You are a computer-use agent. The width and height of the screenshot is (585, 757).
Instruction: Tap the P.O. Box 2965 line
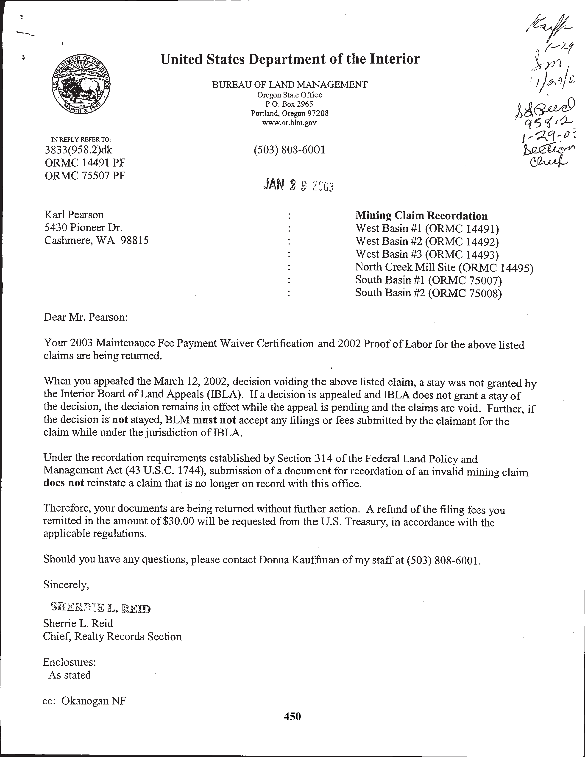click(289, 104)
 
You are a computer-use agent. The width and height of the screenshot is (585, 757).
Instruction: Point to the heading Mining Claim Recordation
click(421, 216)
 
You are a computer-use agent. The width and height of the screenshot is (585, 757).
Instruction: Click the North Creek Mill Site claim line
click(444, 267)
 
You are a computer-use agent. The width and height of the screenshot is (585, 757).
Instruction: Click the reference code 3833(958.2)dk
click(79, 150)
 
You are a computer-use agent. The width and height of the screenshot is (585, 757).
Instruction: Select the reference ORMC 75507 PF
click(85, 176)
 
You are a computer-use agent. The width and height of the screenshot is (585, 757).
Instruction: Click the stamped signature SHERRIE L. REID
click(100, 607)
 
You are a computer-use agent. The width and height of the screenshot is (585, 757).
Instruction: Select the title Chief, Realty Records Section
click(112, 636)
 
